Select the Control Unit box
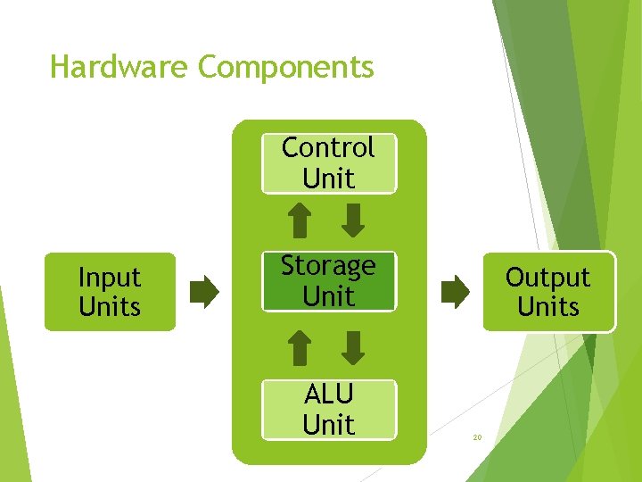[328, 163]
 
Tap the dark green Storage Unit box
[328, 281]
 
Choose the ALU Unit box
[328, 409]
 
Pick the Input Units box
[110, 292]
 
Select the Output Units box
[548, 292]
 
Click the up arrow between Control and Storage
[301, 220]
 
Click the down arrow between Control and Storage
[354, 220]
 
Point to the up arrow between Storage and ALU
[301, 347]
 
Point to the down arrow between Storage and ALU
[354, 347]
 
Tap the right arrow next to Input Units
[204, 292]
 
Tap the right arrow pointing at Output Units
[455, 292]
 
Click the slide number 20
[477, 437]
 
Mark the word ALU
[328, 394]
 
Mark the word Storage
[328, 266]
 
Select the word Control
[328, 147]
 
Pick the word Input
[110, 278]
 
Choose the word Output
[548, 278]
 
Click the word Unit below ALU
[328, 425]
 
